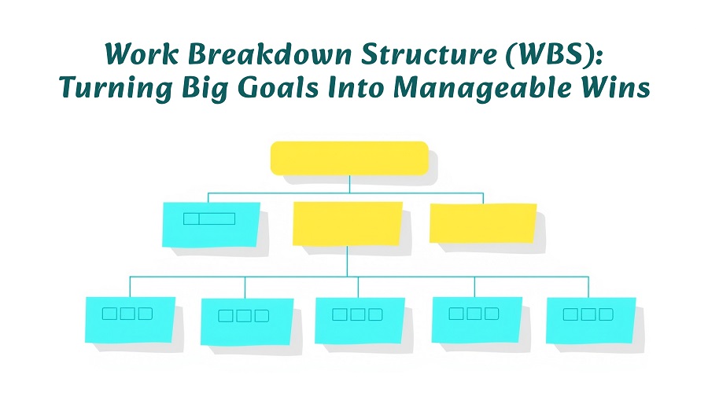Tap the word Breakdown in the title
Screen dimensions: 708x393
coord(270,54)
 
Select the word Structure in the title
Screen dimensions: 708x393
coord(429,54)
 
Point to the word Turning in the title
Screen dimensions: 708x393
coord(116,89)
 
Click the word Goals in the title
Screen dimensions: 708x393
coord(278,87)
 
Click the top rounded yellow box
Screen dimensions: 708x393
coord(349,158)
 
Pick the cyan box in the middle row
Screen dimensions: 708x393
coord(211,225)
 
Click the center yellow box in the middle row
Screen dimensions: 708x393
coord(347,224)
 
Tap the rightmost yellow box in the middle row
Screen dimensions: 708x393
coord(483,223)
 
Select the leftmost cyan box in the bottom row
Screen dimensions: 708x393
coord(130,319)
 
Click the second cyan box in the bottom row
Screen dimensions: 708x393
coord(247,321)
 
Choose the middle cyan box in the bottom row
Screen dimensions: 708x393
coord(360,321)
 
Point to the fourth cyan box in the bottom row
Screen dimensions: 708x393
coord(477,319)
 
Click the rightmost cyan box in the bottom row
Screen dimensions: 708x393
coord(591,321)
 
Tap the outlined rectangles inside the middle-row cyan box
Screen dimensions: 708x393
coord(209,219)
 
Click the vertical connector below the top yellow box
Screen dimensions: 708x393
coord(349,184)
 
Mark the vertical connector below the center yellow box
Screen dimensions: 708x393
coord(347,261)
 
